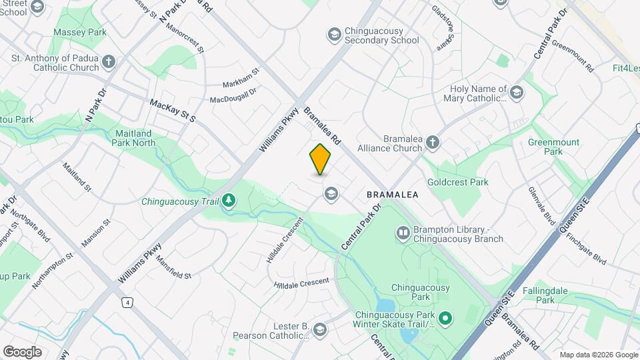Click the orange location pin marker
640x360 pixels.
pos(321,159)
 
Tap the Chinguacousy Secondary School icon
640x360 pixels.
pos(333,34)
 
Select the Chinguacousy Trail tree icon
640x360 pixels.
pos(229,201)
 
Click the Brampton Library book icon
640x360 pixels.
pos(403,233)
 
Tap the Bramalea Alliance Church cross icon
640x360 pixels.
pos(433,142)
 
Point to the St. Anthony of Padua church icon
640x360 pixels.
pos(109,63)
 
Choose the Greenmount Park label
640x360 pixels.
pos(553,147)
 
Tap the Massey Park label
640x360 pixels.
pos(80,32)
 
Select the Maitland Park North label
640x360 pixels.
pos(135,138)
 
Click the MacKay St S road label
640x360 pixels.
pos(172,111)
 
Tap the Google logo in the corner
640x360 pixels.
pos(22,351)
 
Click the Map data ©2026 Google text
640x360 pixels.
pos(598,355)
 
